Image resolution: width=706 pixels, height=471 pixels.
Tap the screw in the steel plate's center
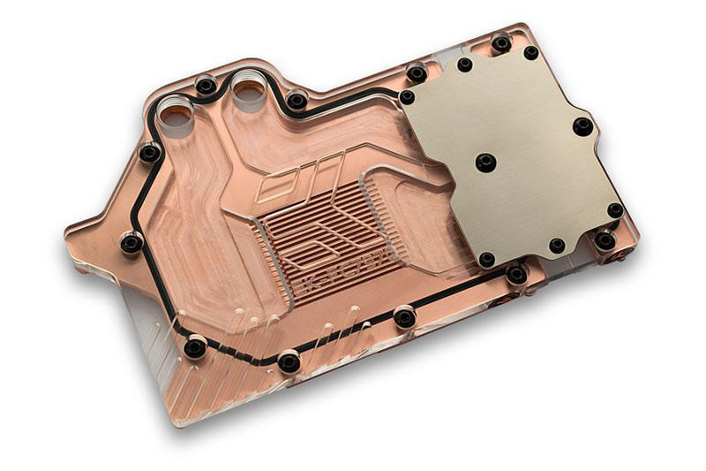coord(484,163)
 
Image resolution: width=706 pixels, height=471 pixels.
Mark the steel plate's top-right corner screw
coord(530,53)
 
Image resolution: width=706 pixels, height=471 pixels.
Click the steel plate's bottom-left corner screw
coord(486,259)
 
